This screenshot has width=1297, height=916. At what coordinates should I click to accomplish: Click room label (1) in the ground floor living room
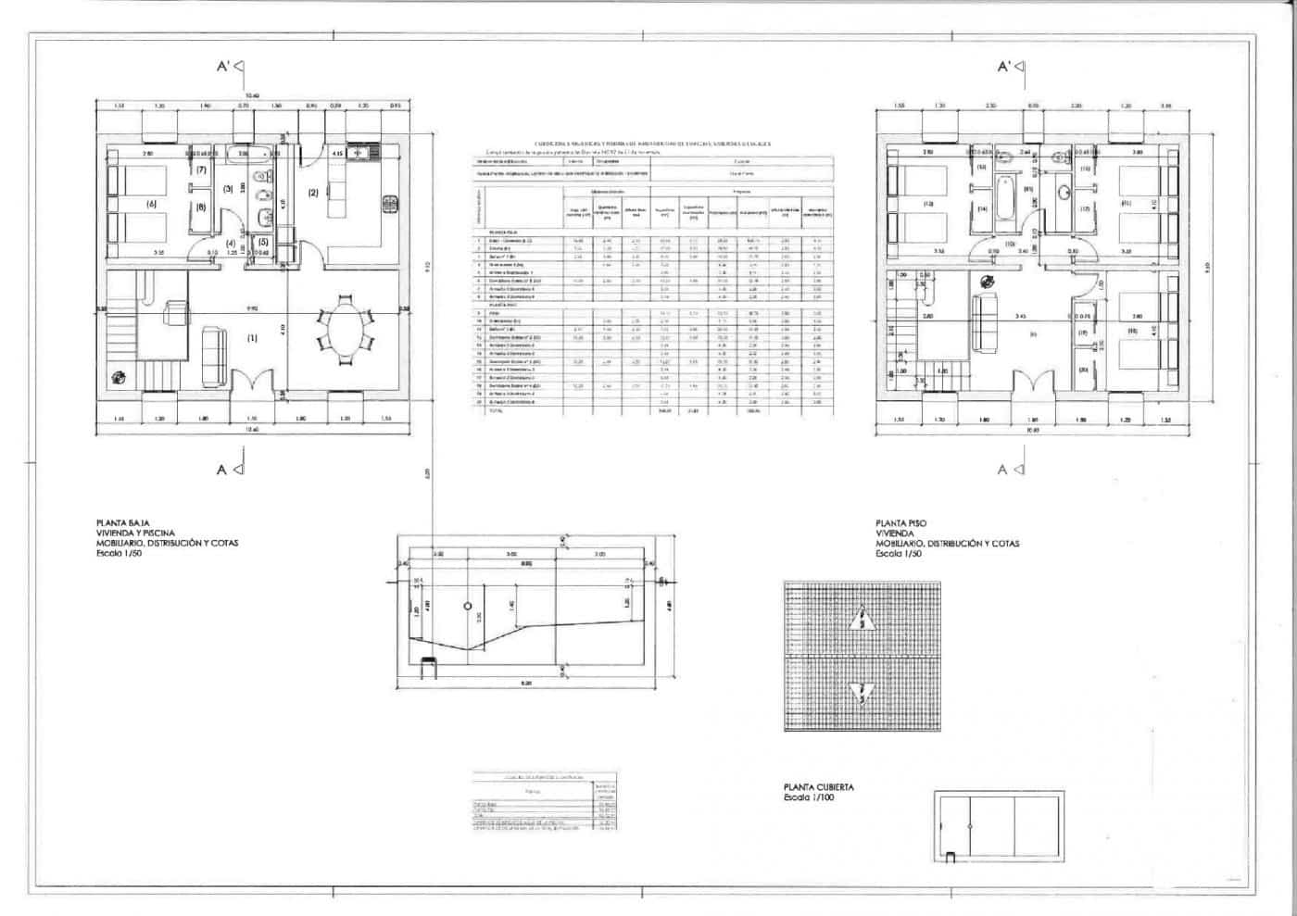252,338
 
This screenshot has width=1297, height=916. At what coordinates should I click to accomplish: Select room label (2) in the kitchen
313,193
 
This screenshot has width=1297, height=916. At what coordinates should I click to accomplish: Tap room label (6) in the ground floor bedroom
150,204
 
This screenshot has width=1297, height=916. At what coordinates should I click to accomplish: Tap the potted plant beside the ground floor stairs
119,376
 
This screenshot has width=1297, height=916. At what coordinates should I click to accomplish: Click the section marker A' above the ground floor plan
231,67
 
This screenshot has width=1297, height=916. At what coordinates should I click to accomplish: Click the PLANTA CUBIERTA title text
818,787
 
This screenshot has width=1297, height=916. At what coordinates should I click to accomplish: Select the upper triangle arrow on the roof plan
863,619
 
